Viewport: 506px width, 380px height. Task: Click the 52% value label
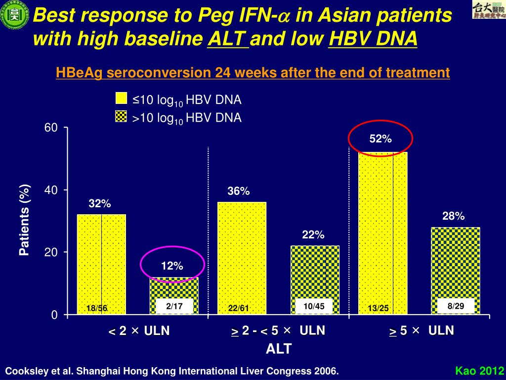click(380, 139)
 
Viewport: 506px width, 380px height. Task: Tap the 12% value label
click(172, 266)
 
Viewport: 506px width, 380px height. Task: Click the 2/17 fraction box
click(174, 307)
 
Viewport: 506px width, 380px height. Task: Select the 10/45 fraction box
click(314, 307)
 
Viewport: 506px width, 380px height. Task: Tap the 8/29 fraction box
click(456, 306)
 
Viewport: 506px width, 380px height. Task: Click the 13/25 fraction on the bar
click(379, 309)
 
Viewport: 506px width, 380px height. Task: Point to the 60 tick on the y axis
click(51, 128)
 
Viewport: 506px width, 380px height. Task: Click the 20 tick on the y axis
click(51, 252)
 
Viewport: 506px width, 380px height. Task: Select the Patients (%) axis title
click(24, 220)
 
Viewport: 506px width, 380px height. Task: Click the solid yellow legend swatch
click(121, 98)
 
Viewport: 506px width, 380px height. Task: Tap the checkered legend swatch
click(121, 117)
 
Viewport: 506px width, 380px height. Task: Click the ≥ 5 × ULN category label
click(422, 331)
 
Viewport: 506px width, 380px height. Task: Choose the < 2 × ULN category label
click(139, 331)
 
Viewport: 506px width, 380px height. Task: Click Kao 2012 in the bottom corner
click(479, 371)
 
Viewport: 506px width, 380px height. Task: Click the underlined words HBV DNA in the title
click(373, 38)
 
